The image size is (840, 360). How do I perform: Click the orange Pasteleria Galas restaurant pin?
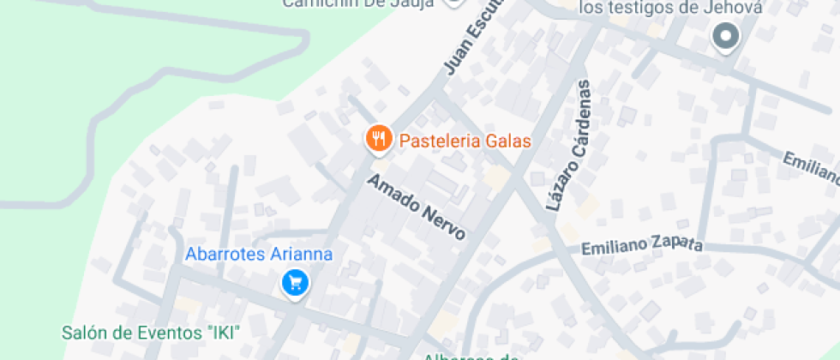coord(378,139)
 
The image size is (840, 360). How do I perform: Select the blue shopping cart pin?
coord(295,282)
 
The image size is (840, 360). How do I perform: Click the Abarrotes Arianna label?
coord(259,254)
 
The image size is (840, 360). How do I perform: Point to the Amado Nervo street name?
coord(417,207)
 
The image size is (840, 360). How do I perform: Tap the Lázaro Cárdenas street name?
coord(570,147)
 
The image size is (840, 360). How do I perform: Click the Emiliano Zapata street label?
coord(642,246)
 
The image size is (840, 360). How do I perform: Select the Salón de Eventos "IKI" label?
coord(151,332)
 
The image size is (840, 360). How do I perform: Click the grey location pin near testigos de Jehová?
coord(726,37)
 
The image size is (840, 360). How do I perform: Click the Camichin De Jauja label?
coord(359,3)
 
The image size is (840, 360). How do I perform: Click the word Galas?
coord(508,141)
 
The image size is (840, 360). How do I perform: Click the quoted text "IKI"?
coord(225,332)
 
